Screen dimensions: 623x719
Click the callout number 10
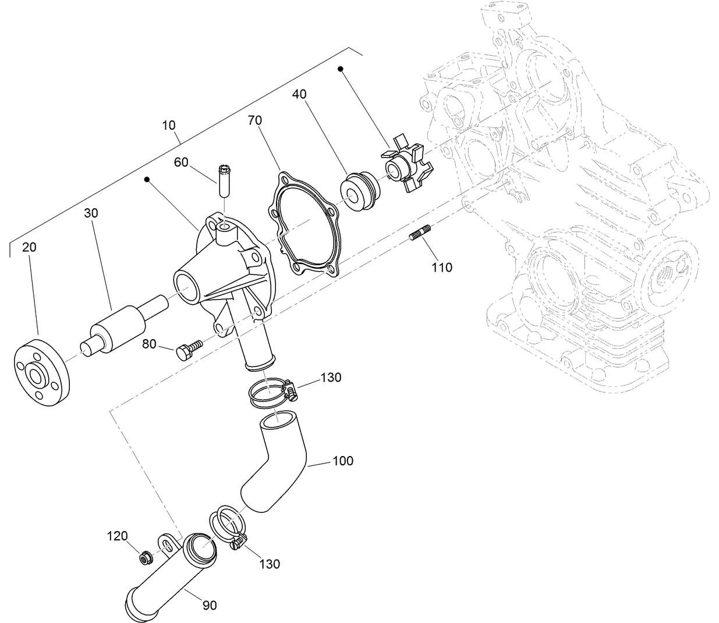click(169, 125)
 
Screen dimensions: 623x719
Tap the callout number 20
click(29, 247)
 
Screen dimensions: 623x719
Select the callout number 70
click(255, 120)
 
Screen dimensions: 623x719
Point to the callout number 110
click(442, 268)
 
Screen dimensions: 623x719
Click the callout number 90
click(210, 606)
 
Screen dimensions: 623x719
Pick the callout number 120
click(117, 536)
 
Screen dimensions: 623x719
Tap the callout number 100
click(343, 461)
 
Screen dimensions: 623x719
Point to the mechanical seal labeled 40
click(359, 190)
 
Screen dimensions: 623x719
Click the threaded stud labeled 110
click(419, 234)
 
